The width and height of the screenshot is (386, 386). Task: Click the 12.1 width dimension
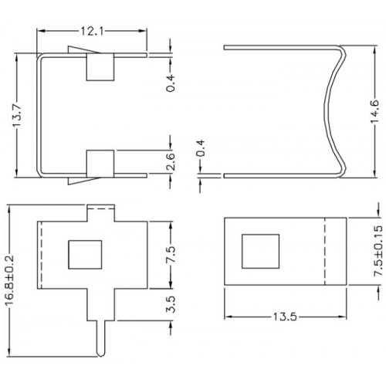[92, 32]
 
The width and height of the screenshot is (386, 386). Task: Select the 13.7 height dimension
[17, 116]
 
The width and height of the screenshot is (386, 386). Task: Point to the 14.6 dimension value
[374, 111]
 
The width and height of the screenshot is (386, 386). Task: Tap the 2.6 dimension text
[171, 162]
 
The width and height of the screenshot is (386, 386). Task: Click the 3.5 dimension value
[171, 304]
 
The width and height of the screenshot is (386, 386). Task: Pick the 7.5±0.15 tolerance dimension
[378, 251]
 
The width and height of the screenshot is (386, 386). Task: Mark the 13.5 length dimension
[285, 317]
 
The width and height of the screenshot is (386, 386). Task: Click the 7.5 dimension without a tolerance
[171, 254]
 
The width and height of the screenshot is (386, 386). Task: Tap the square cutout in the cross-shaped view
[85, 255]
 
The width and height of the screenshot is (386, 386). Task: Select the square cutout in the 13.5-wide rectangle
[260, 251]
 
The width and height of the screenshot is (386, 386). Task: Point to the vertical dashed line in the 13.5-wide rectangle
[324, 252]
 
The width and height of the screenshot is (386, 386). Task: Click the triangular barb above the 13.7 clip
[83, 50]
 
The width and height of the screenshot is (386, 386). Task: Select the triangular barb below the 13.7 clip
[83, 181]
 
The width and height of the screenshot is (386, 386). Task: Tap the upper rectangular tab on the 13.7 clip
[100, 67]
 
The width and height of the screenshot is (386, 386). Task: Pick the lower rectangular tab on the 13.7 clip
[100, 164]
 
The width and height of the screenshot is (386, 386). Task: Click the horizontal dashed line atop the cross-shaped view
[101, 208]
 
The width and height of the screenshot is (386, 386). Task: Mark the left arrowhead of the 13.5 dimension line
[229, 317]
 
